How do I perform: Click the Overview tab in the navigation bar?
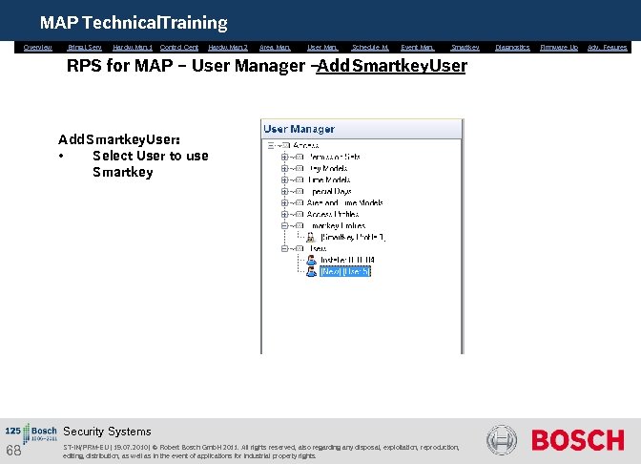38,47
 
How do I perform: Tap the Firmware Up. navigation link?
559,47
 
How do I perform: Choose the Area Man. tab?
275,47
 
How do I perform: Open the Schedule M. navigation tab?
370,47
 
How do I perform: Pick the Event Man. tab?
417,47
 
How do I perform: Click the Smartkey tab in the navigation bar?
465,47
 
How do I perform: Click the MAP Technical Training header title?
134,22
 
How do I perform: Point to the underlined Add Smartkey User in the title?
392,68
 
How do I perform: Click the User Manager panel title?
299,129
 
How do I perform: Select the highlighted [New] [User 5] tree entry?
345,271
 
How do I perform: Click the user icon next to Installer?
311,260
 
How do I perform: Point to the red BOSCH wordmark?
577,440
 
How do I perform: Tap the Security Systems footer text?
107,432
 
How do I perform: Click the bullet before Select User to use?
61,156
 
